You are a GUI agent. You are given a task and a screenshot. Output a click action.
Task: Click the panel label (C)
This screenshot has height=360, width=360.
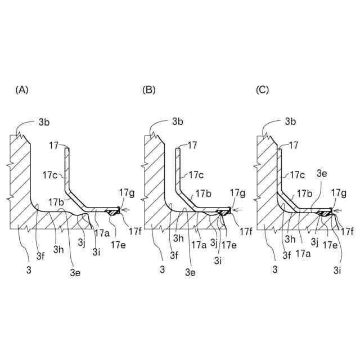pos(262,89)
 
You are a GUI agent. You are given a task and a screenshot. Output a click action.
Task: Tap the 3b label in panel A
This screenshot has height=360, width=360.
pos(45,121)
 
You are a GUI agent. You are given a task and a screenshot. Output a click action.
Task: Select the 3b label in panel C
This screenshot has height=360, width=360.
pos(290,121)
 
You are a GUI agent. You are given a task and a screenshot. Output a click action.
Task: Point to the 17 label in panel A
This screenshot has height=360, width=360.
pos(54,145)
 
